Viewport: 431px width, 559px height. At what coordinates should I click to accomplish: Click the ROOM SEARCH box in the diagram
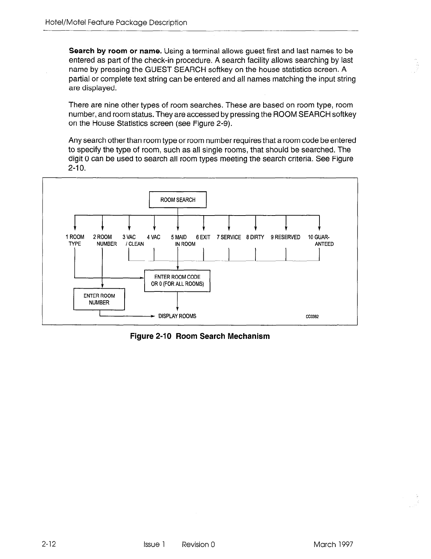pos(178,200)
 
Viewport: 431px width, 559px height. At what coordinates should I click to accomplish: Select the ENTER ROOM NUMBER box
pos(99,299)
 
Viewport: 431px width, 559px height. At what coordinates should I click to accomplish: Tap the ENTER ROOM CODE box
pos(177,281)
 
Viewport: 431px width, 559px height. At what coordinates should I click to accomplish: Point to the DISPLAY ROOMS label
pos(177,316)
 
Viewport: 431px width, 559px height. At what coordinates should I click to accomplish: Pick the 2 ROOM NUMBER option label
pos(104,240)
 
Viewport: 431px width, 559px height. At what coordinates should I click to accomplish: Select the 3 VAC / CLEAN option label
pos(132,240)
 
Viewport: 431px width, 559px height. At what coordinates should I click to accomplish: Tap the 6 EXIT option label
pos(203,237)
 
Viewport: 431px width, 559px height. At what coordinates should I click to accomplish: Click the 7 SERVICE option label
pos(229,237)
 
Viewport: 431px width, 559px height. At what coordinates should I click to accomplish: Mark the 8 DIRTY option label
pos(255,237)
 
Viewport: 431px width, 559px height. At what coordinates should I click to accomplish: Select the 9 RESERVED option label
pos(285,237)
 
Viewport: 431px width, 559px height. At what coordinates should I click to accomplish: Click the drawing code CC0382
pos(312,316)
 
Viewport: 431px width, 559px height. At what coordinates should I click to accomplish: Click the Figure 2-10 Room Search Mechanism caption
pos(200,336)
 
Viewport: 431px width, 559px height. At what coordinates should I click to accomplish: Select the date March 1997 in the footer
pos(333,545)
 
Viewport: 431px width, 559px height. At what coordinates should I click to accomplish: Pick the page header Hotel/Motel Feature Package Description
pos(116,23)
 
